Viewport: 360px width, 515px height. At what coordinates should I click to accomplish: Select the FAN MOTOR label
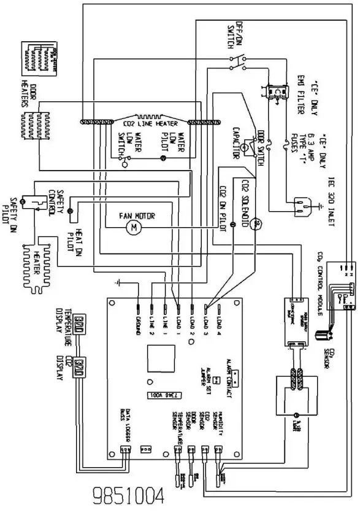click(x=136, y=216)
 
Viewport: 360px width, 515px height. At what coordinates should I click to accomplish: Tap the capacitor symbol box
click(x=244, y=147)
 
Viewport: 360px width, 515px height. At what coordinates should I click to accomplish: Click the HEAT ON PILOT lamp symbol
click(x=69, y=211)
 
